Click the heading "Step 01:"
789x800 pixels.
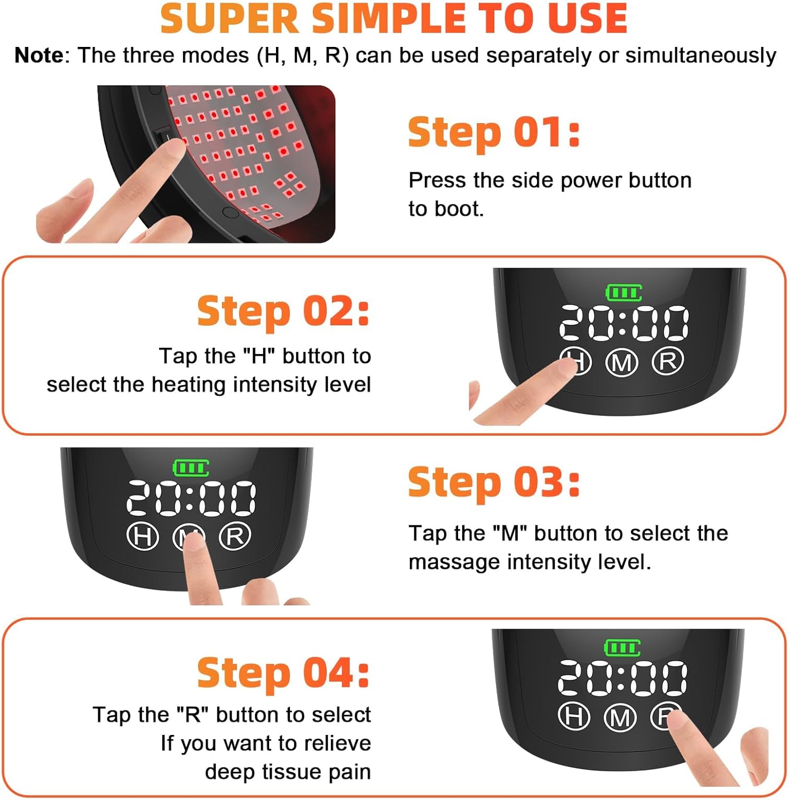(x=494, y=133)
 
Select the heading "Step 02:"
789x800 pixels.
(x=283, y=311)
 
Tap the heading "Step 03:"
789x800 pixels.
(x=494, y=483)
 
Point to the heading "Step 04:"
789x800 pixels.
(x=283, y=673)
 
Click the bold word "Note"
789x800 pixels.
(x=39, y=55)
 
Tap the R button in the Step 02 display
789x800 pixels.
(x=668, y=362)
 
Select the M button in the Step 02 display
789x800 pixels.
(x=622, y=363)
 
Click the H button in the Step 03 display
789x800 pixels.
(x=143, y=536)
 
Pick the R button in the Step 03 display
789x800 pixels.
(x=235, y=536)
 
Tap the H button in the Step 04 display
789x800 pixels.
(x=574, y=716)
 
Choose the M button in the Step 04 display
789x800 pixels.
(x=620, y=718)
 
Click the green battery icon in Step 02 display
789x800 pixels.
(x=624, y=292)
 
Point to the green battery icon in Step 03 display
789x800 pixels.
(x=191, y=468)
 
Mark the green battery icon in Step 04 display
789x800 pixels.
(x=622, y=648)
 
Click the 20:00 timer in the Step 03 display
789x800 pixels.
(x=191, y=499)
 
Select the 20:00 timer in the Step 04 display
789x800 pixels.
(x=622, y=678)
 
